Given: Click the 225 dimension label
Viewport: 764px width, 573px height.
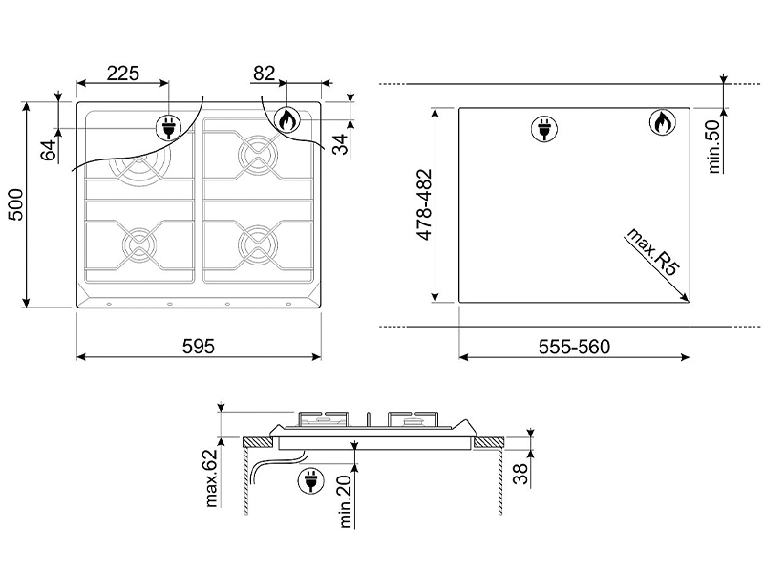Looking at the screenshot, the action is click(123, 74).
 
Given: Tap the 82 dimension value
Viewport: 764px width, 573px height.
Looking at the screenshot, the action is click(264, 74).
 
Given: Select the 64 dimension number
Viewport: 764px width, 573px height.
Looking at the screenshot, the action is click(49, 151).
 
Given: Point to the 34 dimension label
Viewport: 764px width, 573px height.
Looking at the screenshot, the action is click(341, 144).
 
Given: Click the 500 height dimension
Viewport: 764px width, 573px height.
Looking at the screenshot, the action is click(16, 204).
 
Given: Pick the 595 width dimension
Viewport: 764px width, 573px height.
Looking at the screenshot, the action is click(199, 347).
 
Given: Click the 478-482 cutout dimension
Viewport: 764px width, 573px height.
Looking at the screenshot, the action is click(425, 204).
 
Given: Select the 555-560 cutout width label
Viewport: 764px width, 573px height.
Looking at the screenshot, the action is click(574, 347).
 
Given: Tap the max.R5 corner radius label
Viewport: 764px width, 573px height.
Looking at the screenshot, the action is click(653, 252).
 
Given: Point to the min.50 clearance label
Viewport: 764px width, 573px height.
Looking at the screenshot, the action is click(713, 146).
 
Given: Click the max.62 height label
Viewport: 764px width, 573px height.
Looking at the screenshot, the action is click(211, 478).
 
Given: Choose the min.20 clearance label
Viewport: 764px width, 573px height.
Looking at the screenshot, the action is click(345, 502).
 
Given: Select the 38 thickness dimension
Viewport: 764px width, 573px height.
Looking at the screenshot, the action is click(520, 474).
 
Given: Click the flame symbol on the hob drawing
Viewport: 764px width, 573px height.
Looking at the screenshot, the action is click(287, 119).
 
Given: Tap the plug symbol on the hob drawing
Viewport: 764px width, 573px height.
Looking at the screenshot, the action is click(169, 129).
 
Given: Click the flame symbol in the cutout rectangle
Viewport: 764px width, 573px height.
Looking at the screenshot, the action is click(663, 122).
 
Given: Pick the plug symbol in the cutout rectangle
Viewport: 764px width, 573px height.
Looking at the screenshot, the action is click(543, 129).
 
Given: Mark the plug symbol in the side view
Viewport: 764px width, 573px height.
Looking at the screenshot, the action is click(310, 481).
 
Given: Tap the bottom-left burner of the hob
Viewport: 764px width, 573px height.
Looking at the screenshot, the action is click(139, 244).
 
